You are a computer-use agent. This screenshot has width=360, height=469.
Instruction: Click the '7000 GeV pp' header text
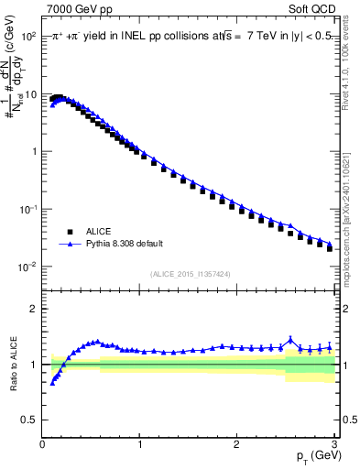point(80,10)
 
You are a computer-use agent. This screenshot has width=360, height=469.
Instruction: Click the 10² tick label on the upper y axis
point(28,36)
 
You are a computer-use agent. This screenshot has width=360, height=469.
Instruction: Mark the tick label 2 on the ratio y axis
point(34,310)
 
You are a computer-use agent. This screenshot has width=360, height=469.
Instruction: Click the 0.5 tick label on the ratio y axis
point(30,420)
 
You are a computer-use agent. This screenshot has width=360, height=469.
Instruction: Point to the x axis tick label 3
point(333,443)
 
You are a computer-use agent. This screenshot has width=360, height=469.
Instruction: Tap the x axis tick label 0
point(42,443)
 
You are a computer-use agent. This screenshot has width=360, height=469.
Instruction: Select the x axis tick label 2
point(236,443)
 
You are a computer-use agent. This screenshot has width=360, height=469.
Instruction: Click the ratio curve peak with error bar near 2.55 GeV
point(290,340)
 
